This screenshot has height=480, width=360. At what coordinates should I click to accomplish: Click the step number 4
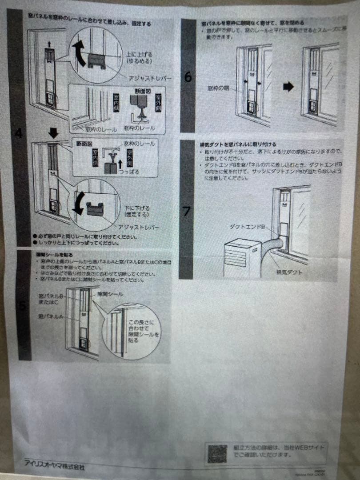coord(19,133)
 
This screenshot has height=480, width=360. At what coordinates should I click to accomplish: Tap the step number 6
coord(188,77)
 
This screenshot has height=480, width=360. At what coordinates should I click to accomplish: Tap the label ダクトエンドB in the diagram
coord(248,227)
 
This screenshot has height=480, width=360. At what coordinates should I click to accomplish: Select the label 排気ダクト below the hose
coord(289,272)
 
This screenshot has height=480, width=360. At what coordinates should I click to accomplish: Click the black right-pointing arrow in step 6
coord(288,87)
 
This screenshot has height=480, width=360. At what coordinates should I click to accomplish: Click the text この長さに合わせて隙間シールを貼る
coord(143,331)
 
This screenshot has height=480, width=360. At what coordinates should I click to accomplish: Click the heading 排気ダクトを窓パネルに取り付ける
coord(238,144)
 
